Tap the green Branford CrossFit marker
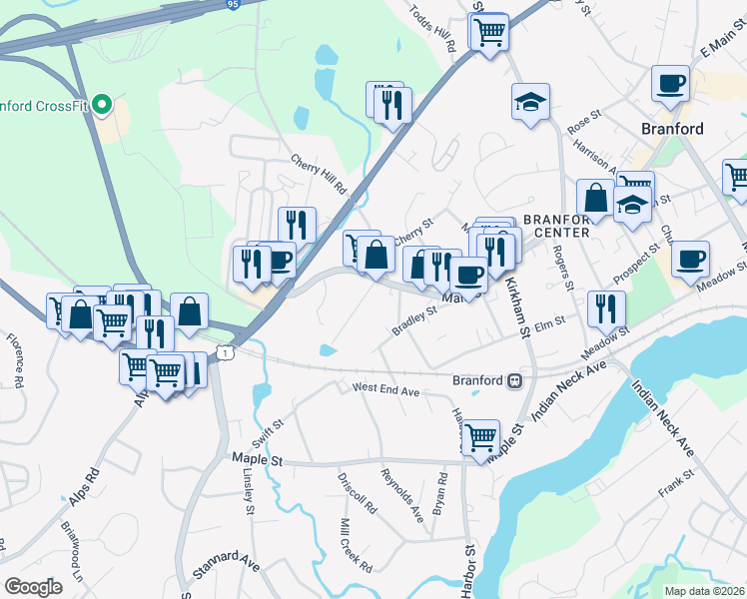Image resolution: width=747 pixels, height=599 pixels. coord(101,104)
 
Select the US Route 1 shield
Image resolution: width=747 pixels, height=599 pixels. coord(228,352)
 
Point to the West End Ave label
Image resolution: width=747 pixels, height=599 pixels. coord(384,389)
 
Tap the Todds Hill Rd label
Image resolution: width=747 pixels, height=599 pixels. coord(432,27)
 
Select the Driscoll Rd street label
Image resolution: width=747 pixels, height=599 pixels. coord(357,492)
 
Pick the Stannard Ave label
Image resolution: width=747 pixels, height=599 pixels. coord(227,562)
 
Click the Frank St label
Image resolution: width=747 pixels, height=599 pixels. coord(675,488)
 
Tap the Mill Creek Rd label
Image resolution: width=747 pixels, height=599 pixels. coord(356,545)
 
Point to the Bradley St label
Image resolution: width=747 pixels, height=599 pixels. coord(414,319)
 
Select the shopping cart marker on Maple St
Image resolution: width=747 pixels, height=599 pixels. coord(480,436)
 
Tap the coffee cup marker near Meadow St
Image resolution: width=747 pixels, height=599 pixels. coord(690,259)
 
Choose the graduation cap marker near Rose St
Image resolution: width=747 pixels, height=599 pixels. coord(530,100)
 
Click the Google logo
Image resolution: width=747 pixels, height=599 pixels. coord(33,587)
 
